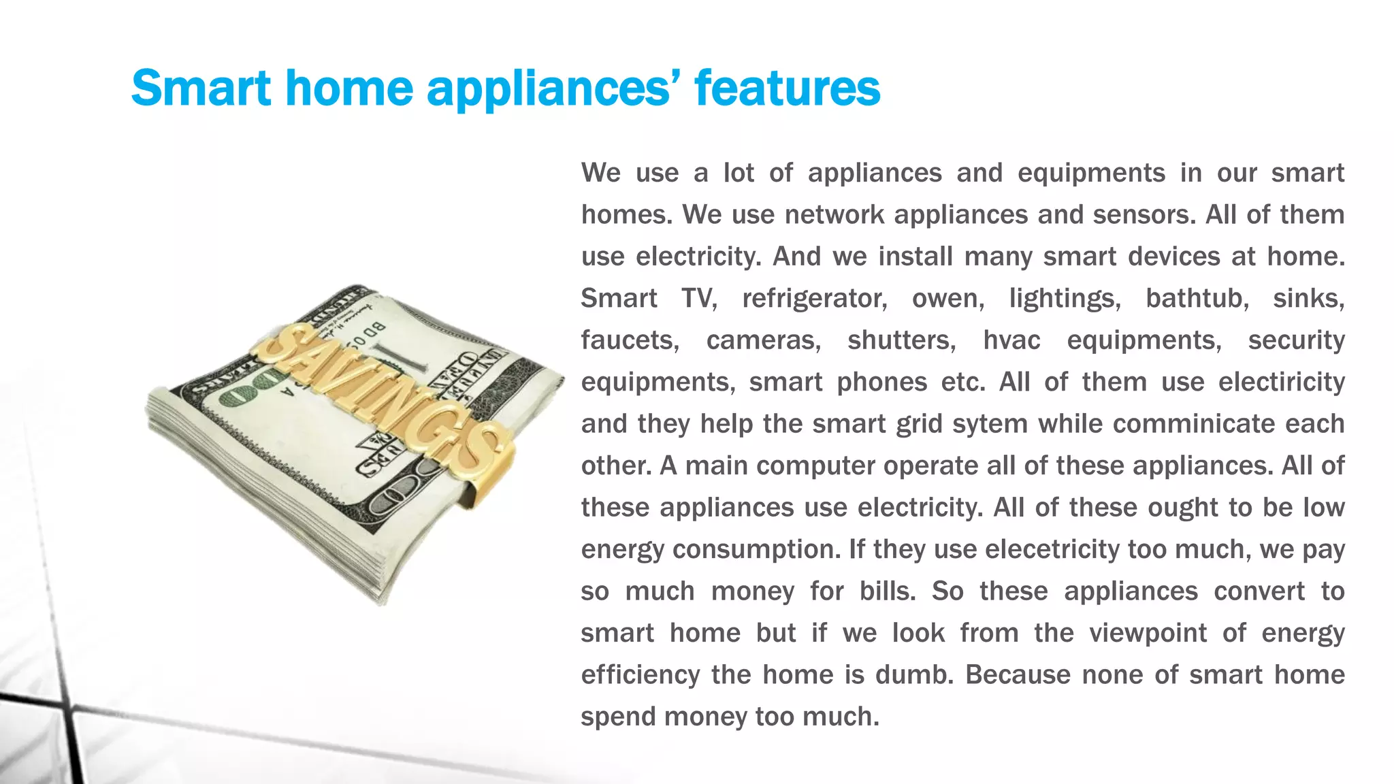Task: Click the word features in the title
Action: [x=787, y=88]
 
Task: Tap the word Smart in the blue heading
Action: [x=201, y=88]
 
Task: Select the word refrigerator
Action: [x=814, y=298]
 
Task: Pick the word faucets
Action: [x=630, y=340]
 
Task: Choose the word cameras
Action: [x=764, y=340]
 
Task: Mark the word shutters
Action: [x=901, y=340]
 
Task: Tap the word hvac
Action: [x=1011, y=340]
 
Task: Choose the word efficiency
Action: [x=640, y=674]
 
